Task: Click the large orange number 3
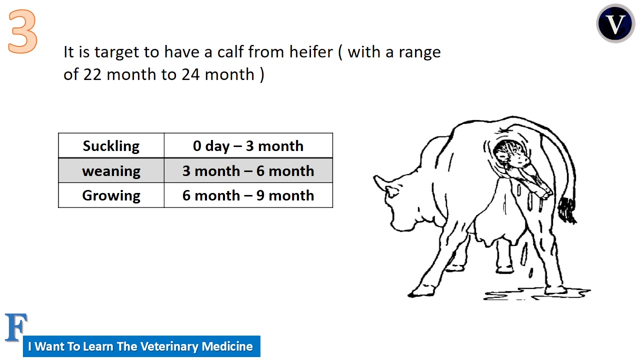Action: (22, 32)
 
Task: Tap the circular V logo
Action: (615, 23)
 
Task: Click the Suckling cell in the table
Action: (111, 146)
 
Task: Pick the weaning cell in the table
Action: (111, 171)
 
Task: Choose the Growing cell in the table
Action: (111, 195)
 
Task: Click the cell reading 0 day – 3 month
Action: (248, 146)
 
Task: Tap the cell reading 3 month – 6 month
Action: (248, 171)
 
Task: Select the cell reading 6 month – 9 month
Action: (248, 195)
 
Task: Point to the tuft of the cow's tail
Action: (567, 210)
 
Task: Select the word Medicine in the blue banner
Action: (229, 346)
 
